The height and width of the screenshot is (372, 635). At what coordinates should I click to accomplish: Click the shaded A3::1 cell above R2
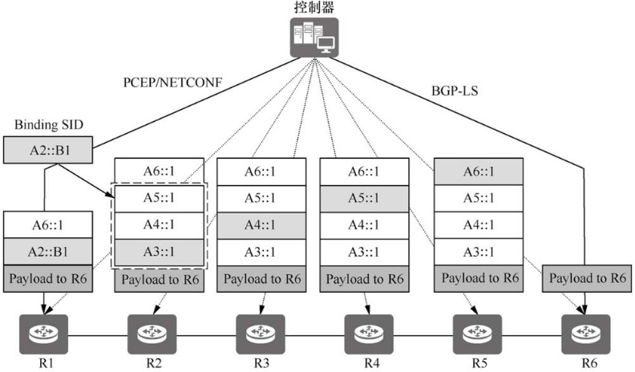(x=158, y=252)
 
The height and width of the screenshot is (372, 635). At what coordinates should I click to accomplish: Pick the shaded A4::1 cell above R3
(x=261, y=225)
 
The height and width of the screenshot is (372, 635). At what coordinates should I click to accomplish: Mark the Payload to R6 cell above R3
(x=261, y=278)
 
